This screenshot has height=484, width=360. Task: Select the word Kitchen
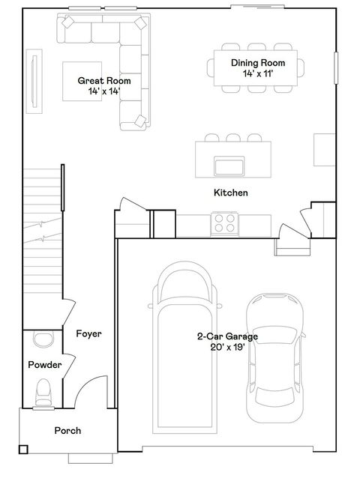point(230,193)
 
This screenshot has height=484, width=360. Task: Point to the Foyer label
point(88,333)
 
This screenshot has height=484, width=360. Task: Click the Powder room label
point(44,365)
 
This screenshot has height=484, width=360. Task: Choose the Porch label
point(67,431)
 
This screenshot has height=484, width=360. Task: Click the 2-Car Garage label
point(227,337)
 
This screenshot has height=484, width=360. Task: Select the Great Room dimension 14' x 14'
point(104,91)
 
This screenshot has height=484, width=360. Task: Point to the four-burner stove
point(224,223)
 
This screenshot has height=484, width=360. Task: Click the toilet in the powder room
point(44,391)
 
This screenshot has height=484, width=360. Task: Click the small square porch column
point(23,450)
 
